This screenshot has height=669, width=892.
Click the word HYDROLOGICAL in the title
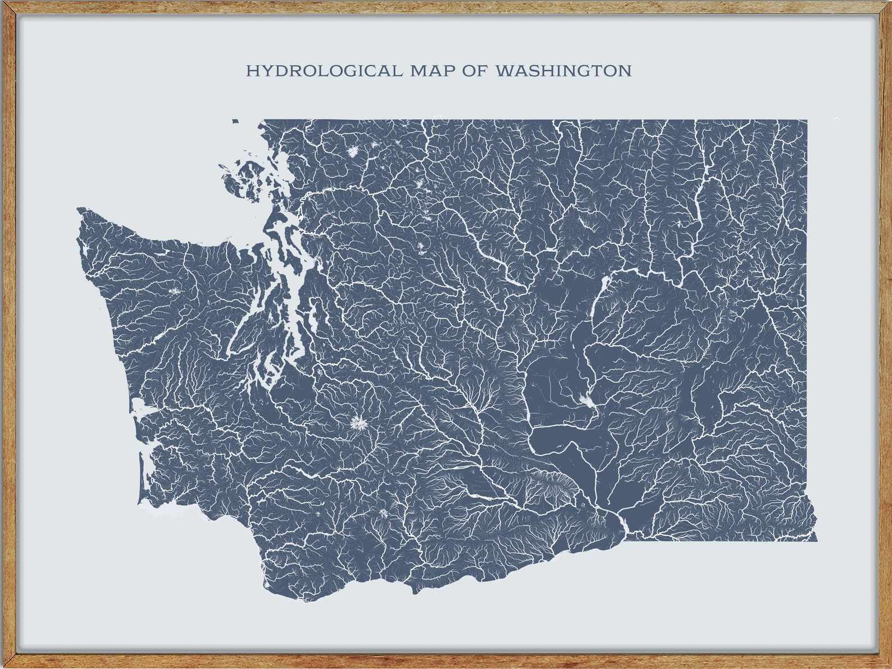point(324,71)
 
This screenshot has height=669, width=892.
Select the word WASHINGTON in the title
point(563,71)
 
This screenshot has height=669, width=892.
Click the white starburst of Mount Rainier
point(358,422)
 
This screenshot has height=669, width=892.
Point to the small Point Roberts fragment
point(235,120)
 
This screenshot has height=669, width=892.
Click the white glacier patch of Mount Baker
point(353,152)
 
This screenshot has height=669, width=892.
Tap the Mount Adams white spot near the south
point(384,513)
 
